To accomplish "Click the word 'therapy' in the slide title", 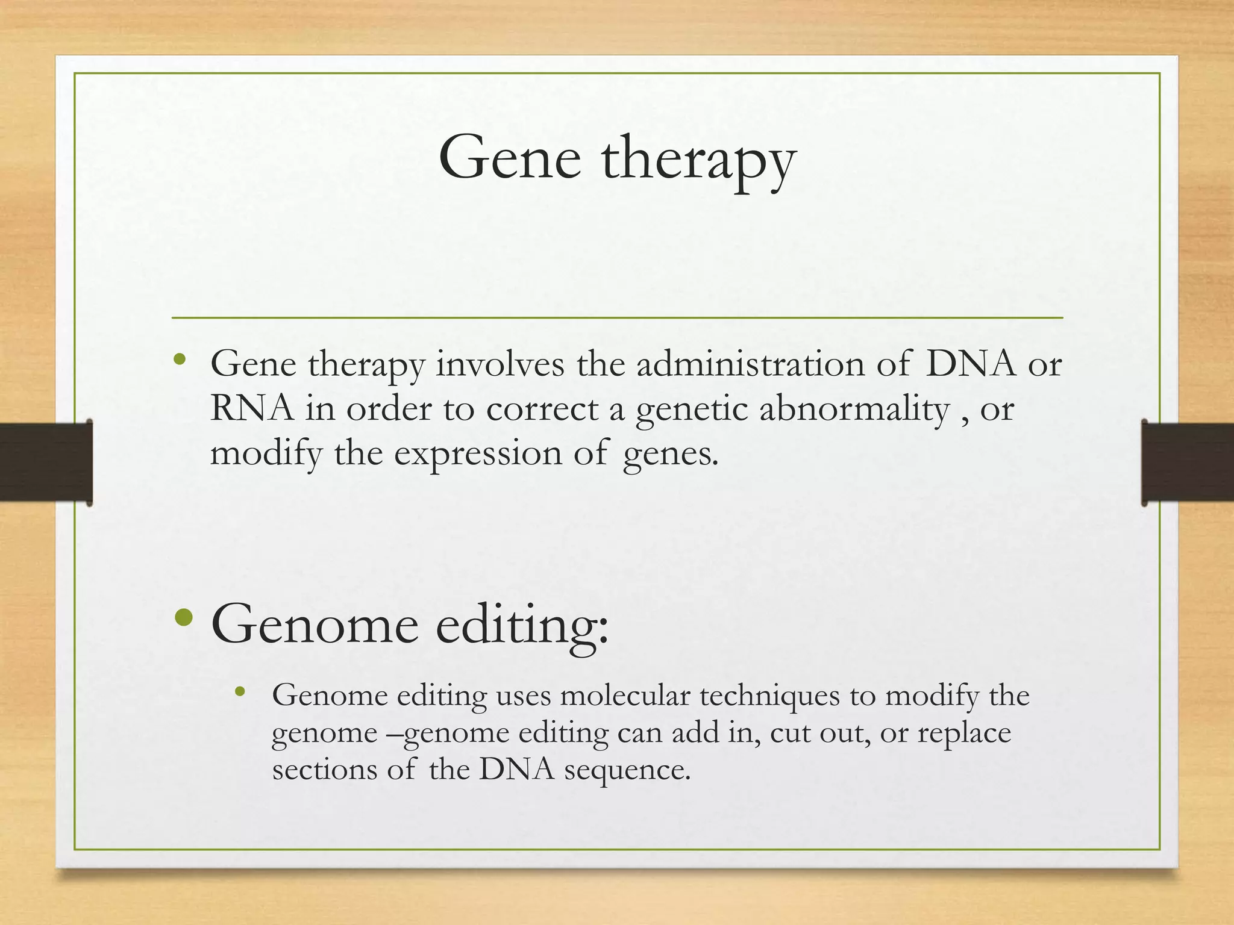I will point(699,160).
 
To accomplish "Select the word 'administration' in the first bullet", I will point(750,364).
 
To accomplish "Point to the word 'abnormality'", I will point(854,410).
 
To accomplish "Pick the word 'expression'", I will point(477,454).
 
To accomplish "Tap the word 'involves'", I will point(500,364).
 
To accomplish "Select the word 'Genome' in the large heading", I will point(315,625).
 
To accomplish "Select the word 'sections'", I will point(324,770).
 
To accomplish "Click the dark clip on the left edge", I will point(46,462).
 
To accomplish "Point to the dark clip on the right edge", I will point(1187,462).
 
